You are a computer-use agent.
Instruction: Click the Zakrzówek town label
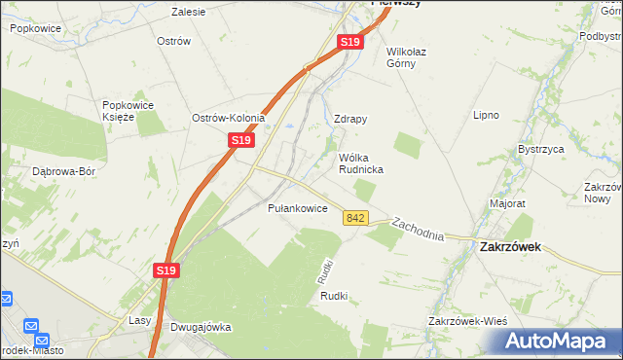[511, 247]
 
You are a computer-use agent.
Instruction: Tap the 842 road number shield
[355, 219]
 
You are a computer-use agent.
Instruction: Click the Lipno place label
[486, 115]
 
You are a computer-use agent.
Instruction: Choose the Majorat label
[508, 204]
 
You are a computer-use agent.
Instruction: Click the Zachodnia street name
[418, 230]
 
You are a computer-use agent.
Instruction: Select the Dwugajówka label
[201, 328]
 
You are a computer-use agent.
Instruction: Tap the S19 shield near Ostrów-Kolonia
[241, 141]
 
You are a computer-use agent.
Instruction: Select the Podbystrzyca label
[600, 36]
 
